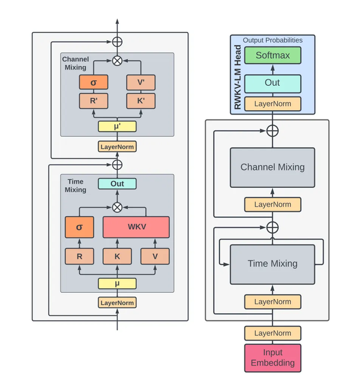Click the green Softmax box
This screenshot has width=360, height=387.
click(x=272, y=56)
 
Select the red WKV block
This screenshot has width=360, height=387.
click(x=136, y=227)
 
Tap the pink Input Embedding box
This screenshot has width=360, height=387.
click(x=272, y=357)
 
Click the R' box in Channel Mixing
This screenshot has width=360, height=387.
click(x=94, y=101)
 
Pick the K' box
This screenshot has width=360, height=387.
click(x=140, y=101)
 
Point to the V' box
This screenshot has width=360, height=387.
click(x=140, y=82)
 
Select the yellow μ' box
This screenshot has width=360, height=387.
click(x=117, y=127)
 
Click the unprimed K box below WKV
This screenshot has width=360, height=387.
click(x=117, y=257)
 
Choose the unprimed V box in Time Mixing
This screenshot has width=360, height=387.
click(x=155, y=257)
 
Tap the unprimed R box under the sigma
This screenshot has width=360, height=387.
click(x=79, y=257)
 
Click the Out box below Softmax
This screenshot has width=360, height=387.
click(x=272, y=82)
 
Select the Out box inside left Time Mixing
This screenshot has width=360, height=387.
click(x=117, y=184)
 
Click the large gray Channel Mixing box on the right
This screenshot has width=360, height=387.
click(x=272, y=167)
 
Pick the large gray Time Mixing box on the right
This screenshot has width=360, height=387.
click(x=272, y=264)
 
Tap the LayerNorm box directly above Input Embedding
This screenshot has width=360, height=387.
click(x=272, y=333)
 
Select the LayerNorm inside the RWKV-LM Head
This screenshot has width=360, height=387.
click(x=272, y=104)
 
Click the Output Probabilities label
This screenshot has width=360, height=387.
click(x=272, y=40)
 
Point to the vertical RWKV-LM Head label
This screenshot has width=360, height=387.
click(x=237, y=77)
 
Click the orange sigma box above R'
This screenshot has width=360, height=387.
click(x=94, y=82)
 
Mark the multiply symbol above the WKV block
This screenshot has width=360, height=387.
click(x=117, y=207)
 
